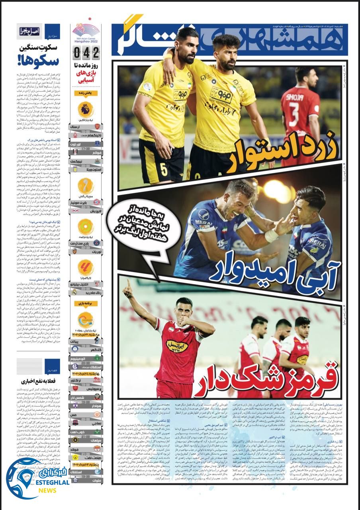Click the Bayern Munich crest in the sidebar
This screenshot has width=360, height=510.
pos(97,202)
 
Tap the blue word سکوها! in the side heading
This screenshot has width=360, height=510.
pos(38,61)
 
